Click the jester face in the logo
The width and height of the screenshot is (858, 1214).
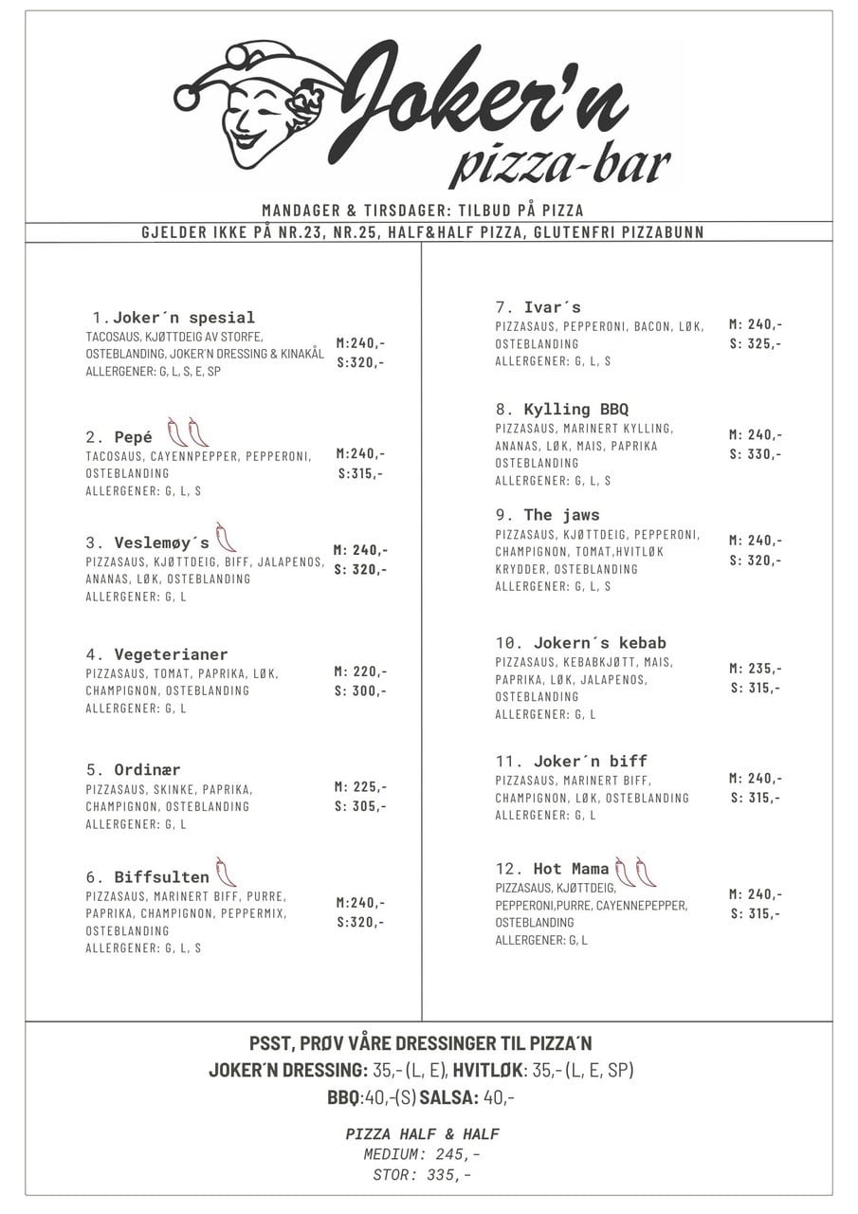point(254,112)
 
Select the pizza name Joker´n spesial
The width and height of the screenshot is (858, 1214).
point(183,318)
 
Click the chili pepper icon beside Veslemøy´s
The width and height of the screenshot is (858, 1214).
point(225,538)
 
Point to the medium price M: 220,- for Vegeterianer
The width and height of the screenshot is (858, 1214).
point(360,671)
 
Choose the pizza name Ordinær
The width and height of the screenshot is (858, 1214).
point(147,770)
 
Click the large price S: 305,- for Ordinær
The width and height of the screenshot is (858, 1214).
point(360,806)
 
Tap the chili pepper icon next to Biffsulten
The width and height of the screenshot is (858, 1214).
point(225,872)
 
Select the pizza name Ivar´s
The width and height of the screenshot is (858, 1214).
point(552,307)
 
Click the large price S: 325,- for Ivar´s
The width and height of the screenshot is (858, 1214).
point(756,343)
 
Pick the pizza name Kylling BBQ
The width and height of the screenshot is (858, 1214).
point(575,410)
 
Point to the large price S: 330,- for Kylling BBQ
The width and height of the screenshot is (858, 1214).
point(756,453)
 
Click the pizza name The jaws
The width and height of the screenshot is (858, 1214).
point(561,515)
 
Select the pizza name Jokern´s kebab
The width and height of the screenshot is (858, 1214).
point(599,643)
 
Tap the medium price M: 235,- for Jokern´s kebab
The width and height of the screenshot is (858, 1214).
point(756,668)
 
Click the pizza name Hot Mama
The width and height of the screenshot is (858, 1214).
point(571,869)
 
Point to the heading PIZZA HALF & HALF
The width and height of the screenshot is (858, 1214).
point(422,1134)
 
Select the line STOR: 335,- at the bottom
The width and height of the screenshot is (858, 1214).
point(422,1175)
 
